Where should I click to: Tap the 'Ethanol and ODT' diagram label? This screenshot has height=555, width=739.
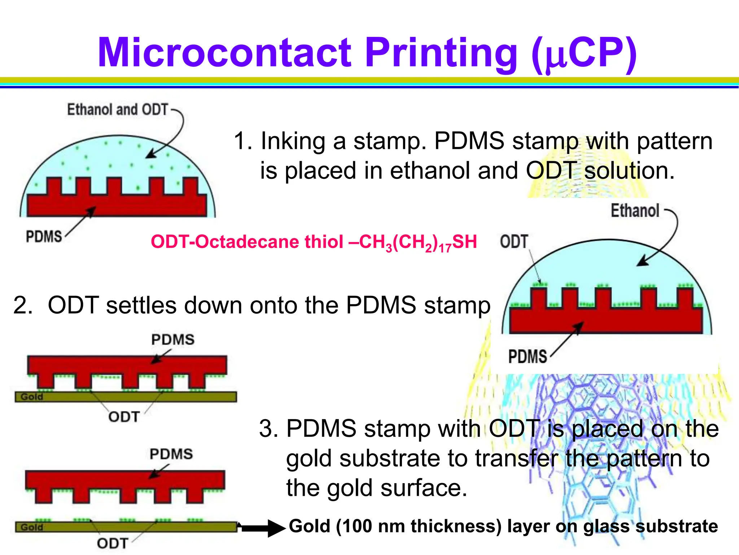(118, 109)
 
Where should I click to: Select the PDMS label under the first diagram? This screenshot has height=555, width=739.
(44, 237)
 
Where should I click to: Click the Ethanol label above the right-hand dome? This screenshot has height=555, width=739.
(635, 211)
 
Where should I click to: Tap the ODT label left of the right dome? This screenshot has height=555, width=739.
(514, 242)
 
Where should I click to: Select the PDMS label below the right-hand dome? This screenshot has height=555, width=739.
(527, 357)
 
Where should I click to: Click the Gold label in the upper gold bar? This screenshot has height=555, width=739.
(32, 397)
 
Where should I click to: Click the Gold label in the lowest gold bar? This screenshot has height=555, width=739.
(32, 527)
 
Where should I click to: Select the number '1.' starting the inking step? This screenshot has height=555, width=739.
(243, 141)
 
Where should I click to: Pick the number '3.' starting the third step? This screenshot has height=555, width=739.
(268, 429)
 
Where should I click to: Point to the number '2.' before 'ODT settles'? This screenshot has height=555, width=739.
(23, 305)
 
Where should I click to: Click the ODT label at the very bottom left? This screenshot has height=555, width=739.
(112, 543)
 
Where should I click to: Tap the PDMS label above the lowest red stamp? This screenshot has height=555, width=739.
(171, 454)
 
